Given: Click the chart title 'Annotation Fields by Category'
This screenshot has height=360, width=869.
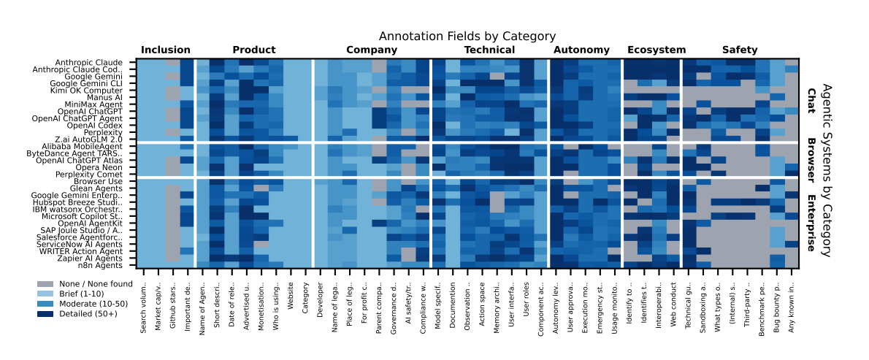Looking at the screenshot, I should pyautogui.click(x=467, y=37).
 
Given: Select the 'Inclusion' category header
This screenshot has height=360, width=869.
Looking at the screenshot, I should pyautogui.click(x=166, y=50).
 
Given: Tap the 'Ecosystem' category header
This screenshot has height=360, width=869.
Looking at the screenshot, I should pyautogui.click(x=656, y=50).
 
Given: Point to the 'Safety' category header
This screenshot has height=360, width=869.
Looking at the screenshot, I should pyautogui.click(x=740, y=50).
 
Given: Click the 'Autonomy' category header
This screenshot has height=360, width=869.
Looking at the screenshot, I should pyautogui.click(x=581, y=50).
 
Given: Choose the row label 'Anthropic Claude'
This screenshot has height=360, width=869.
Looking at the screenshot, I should pyautogui.click(x=94, y=63).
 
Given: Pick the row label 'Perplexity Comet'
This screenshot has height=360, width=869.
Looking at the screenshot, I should pyautogui.click(x=96, y=175).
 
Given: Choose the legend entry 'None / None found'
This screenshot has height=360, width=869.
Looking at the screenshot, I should pyautogui.click(x=95, y=284).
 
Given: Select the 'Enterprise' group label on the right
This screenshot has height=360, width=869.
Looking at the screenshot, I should pyautogui.click(x=811, y=223).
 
